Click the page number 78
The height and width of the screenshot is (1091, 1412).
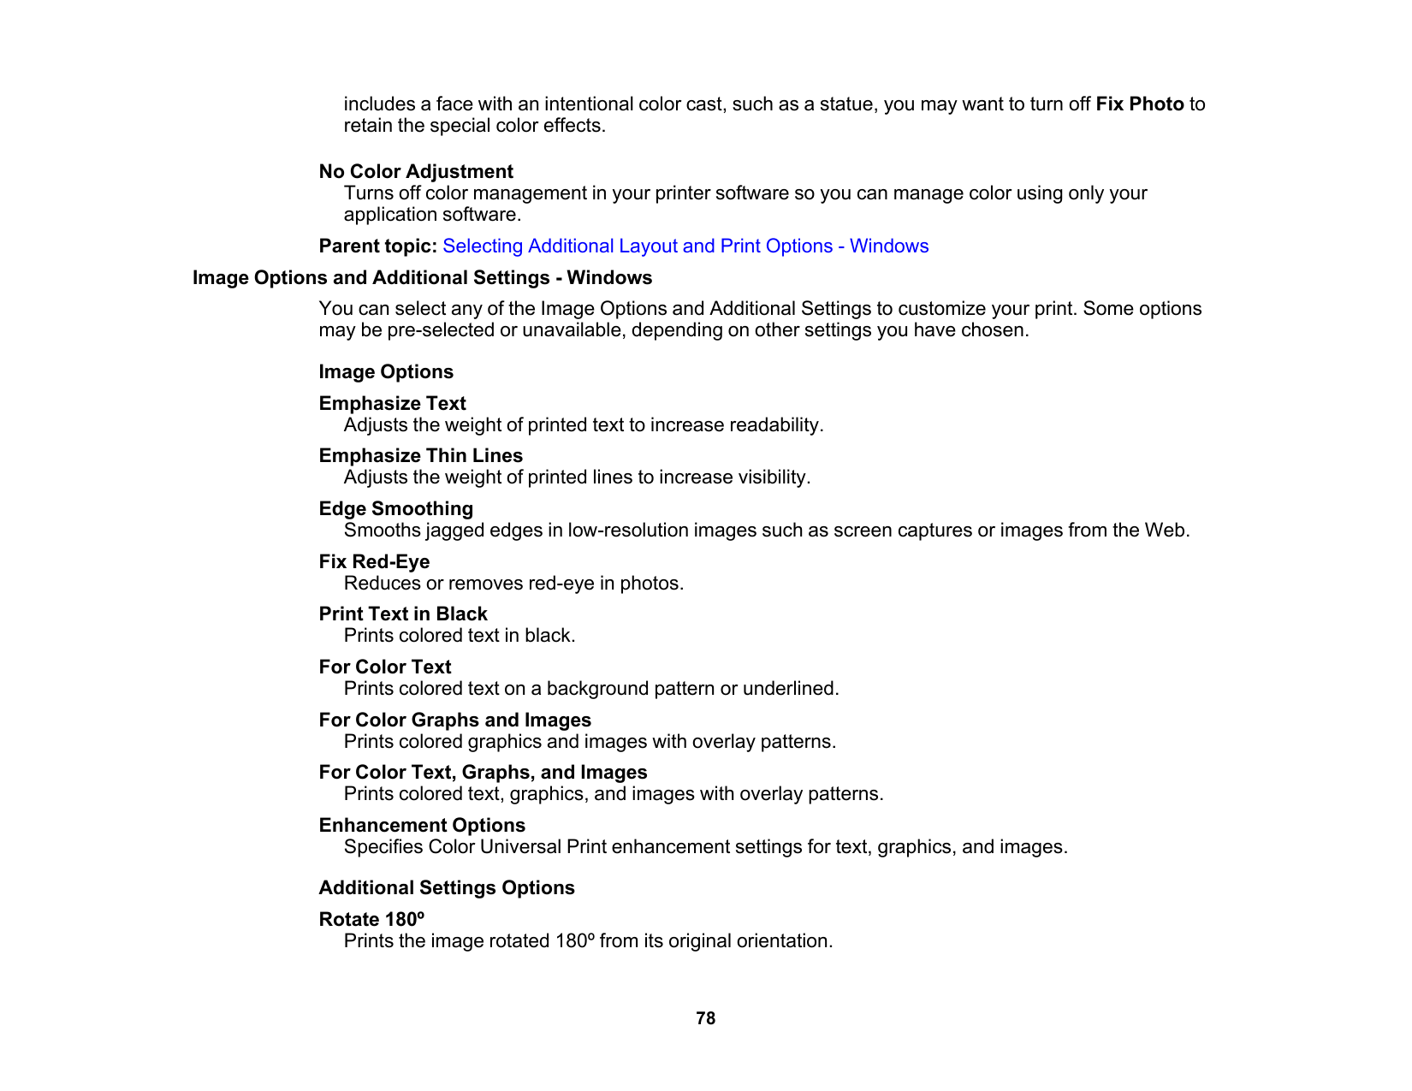coord(705,1018)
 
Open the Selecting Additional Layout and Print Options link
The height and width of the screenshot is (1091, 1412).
coord(685,246)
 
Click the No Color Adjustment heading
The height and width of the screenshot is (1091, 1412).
coord(416,172)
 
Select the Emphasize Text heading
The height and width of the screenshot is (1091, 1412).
coord(392,404)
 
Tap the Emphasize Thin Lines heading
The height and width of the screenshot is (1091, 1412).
coord(420,456)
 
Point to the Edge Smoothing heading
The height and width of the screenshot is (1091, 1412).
coord(395,509)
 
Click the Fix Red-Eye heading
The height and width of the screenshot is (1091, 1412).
coord(374,562)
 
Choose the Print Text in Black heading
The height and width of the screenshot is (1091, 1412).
coord(403,614)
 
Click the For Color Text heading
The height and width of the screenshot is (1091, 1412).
coord(385,667)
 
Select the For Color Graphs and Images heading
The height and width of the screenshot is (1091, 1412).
coord(455,720)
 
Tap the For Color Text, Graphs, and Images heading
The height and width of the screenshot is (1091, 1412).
coord(483,773)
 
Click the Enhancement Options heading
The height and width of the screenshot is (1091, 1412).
coord(422,826)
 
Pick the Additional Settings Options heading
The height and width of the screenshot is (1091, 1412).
coord(447,888)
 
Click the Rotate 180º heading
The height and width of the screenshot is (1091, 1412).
coord(371,920)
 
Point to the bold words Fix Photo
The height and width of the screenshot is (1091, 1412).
coord(1139,104)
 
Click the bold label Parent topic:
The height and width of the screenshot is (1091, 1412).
coord(378,246)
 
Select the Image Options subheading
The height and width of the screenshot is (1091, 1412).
coord(386,372)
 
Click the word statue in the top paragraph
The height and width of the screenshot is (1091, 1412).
coord(846,104)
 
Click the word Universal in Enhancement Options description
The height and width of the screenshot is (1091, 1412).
coord(520,847)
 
